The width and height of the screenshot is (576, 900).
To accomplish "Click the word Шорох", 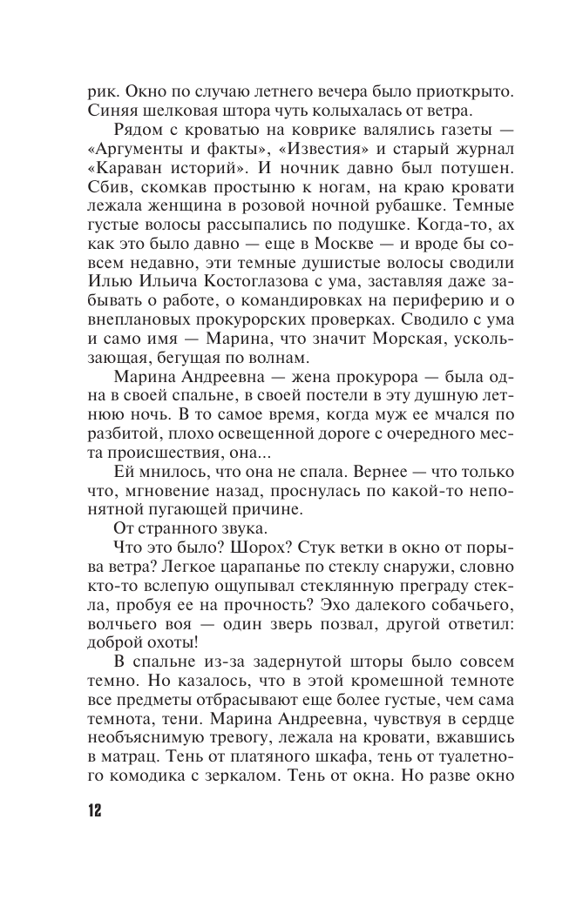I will pos(270,546).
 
